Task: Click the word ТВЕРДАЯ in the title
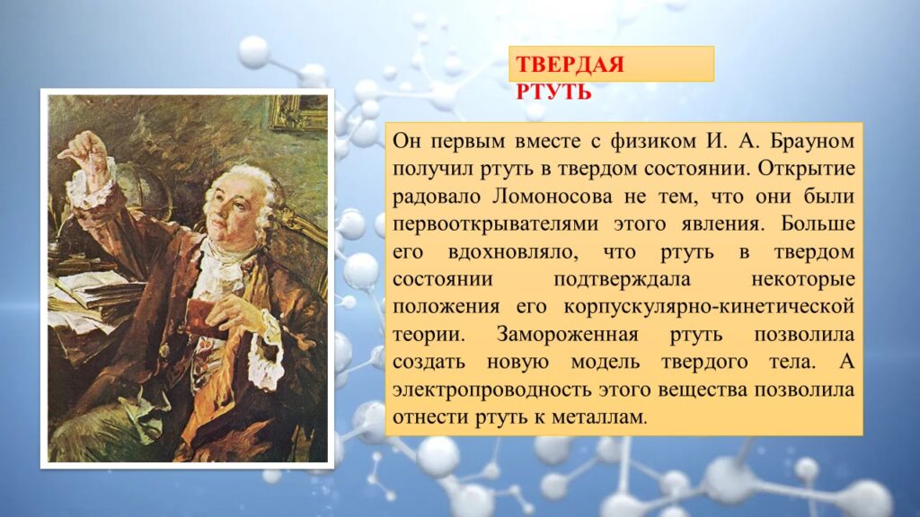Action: tap(570, 64)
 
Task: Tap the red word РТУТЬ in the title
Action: tap(553, 92)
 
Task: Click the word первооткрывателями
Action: tap(496, 224)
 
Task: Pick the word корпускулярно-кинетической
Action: tap(709, 307)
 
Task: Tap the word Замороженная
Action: tap(568, 335)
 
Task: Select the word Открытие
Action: tap(806, 169)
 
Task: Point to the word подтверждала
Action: tap(623, 280)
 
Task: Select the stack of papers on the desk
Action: tap(88, 299)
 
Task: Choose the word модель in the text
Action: tap(605, 363)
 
